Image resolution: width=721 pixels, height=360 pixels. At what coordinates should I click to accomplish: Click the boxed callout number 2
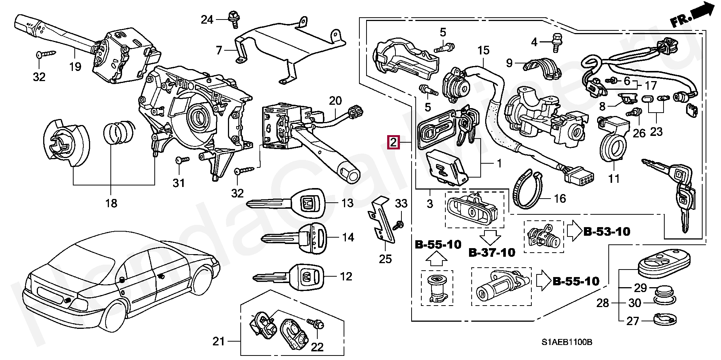[x=394, y=143]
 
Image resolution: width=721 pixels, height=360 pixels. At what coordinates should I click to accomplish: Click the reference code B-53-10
[x=606, y=232]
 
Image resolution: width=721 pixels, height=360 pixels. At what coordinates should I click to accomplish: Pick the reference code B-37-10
[x=492, y=253]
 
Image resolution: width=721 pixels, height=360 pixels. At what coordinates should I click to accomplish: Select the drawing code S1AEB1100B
[x=567, y=342]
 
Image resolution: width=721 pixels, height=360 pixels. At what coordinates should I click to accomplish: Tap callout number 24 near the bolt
[x=207, y=19]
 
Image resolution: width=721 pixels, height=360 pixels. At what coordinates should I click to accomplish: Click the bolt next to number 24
[x=233, y=19]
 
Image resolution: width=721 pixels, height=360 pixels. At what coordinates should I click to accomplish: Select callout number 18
[x=112, y=203]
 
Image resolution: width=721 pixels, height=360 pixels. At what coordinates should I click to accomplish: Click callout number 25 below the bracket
[x=385, y=259]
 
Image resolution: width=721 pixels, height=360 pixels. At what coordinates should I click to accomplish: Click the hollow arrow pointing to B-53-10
[x=573, y=232]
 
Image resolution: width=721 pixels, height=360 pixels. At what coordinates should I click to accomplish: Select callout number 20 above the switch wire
[x=335, y=101]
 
